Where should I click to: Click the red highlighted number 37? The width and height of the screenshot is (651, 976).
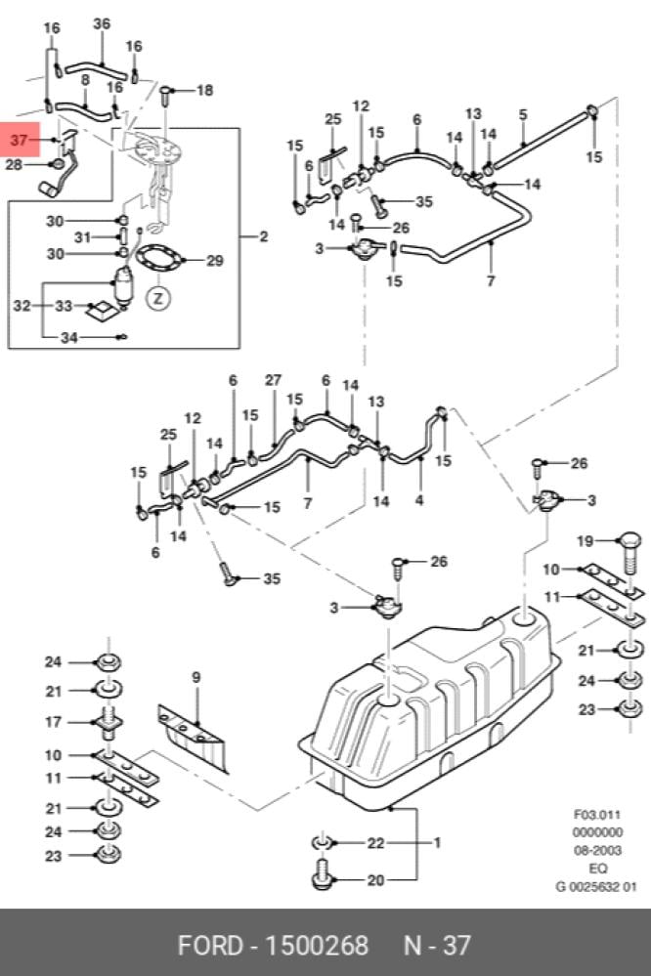(x=20, y=140)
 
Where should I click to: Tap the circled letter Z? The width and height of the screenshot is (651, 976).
(x=158, y=298)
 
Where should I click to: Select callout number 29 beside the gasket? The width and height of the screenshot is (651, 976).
(x=214, y=260)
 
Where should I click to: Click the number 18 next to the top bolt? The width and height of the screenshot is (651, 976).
(x=204, y=90)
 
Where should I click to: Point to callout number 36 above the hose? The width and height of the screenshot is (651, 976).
(x=102, y=23)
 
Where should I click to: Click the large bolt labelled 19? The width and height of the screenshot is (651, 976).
(x=630, y=553)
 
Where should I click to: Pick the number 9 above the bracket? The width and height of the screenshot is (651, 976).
(x=196, y=677)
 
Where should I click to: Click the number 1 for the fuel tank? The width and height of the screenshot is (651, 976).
(x=437, y=843)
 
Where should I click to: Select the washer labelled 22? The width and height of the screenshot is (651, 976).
(x=322, y=843)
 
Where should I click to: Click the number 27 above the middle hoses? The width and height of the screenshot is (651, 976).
(x=273, y=380)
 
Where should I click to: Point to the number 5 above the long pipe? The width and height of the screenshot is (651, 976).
(x=523, y=114)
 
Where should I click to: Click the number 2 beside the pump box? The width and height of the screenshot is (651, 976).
(x=264, y=236)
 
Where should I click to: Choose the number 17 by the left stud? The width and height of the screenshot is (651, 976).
(x=54, y=722)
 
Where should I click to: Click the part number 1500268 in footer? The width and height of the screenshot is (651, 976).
(x=317, y=946)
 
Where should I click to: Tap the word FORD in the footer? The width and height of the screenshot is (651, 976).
(x=210, y=946)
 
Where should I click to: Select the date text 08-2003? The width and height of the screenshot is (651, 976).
(x=597, y=850)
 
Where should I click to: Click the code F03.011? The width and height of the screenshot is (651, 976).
(x=597, y=814)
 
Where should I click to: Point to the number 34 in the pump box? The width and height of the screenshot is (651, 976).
(x=69, y=337)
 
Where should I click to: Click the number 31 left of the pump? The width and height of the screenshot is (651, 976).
(x=83, y=237)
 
